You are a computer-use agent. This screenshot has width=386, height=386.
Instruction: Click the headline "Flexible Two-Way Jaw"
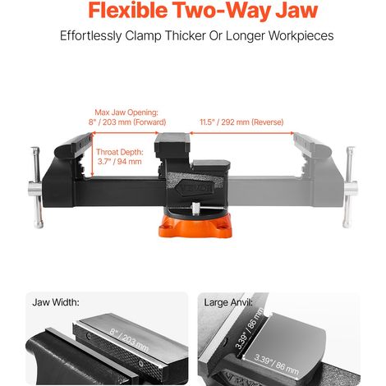[x=203, y=11]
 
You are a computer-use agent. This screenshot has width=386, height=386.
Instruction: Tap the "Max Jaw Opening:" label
[x=126, y=113]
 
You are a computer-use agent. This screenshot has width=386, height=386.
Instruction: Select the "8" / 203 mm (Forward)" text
[x=127, y=122]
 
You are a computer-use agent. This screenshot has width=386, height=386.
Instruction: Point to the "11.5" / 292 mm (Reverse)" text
[x=241, y=122]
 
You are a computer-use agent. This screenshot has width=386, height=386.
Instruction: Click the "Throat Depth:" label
[x=120, y=152]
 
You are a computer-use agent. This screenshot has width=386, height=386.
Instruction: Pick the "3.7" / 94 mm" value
[x=120, y=162]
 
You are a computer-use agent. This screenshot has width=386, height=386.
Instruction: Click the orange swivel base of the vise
[x=195, y=226]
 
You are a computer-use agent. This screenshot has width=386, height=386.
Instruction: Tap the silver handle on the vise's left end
[x=37, y=188]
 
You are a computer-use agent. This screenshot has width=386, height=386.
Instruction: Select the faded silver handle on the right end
[x=350, y=187]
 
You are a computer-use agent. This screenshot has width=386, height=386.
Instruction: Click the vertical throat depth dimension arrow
[x=93, y=154]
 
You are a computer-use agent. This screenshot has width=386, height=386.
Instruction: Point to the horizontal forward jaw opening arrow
[x=125, y=133]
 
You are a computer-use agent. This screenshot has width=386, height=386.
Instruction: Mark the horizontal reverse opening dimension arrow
[x=241, y=133]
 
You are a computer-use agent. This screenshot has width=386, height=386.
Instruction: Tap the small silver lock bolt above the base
[x=195, y=209]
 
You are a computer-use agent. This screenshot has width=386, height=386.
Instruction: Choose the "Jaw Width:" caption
[x=56, y=302]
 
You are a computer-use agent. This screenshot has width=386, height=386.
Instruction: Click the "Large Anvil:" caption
[x=228, y=302]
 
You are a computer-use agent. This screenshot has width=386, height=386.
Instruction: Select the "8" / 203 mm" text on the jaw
[x=129, y=340]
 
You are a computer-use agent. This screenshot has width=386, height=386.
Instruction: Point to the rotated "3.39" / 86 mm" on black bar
[x=250, y=329]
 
